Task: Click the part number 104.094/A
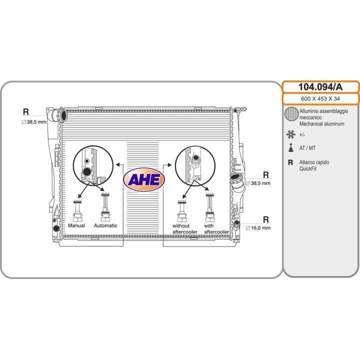[320, 87]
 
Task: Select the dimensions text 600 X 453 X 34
[320, 98]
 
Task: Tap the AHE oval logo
[144, 179]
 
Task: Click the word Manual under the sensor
[76, 225]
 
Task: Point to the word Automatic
[105, 225]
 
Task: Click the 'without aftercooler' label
[185, 229]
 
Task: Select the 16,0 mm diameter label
[258, 228]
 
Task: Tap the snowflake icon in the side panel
[290, 134]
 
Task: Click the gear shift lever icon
[290, 147]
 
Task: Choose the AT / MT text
[307, 148]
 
